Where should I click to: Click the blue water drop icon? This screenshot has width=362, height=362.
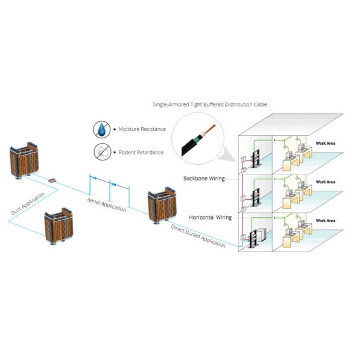pos(101,129)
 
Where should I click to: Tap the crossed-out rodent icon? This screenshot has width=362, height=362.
pos(103,151)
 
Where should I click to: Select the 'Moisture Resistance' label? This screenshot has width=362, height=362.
pos(142,129)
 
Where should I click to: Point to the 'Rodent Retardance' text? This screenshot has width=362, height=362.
pos(141,153)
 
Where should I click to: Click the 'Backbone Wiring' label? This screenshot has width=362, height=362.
pos(204,179)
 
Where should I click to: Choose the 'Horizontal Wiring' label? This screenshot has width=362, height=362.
pos(210,217)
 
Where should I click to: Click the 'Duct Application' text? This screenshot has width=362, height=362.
pos(28,204)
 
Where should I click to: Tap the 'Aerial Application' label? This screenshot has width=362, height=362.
pos(106,205)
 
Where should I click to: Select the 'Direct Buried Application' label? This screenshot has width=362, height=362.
pos(198,236)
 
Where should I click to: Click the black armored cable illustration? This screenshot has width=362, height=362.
pos(198,141)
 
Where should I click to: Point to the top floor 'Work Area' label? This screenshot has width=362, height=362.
pos(325,144)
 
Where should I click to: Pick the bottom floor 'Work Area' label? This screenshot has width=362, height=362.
pos(325,221)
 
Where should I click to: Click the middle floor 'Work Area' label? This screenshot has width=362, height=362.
pos(325,182)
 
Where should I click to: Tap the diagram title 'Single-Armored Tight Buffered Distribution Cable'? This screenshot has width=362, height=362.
pos(209,104)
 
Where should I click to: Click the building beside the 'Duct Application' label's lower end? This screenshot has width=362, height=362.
pos(59,226)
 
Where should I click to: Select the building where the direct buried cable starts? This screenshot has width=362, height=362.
pos(162,205)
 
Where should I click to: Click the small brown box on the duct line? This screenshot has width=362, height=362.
pos(52,180)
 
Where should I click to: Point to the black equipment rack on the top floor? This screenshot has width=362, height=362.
pos(256,159)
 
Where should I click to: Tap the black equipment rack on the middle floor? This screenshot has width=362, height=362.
pos(256,197)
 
